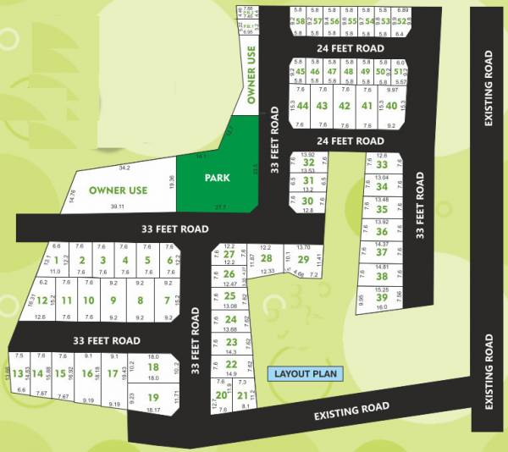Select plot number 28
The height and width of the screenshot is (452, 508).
coord(266,259)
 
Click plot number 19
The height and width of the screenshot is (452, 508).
coord(153,398)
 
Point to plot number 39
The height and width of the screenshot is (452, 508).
coord(382,297)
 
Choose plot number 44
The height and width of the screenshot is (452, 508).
coord(302,106)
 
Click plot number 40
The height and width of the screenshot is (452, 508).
coord(391,106)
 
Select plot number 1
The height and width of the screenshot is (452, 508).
coord(58,260)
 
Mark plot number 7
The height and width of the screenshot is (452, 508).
coord(166,300)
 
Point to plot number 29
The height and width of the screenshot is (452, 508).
coord(303,260)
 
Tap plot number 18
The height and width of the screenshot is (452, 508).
coord(153,367)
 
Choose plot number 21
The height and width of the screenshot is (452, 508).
coord(242,395)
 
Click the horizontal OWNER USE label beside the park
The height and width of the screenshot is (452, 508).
coord(119,190)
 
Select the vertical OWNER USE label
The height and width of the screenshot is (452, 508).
coord(251,76)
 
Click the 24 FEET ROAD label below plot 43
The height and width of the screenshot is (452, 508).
coord(345,141)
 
